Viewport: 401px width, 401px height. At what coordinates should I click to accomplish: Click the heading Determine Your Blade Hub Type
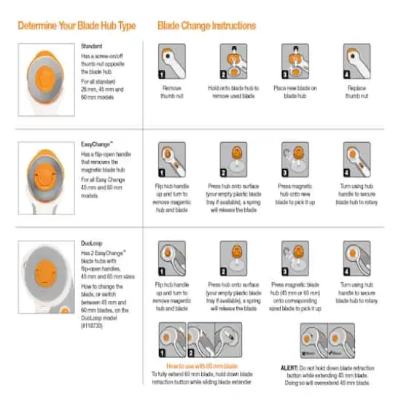77,26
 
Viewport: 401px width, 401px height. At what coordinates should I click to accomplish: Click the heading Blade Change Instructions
206,26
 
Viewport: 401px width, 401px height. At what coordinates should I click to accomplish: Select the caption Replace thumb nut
357,90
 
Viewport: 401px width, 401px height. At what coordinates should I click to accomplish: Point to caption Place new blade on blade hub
295,90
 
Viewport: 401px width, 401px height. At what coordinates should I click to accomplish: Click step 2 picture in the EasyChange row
234,159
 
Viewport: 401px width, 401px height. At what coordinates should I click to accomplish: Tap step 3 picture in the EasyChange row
295,159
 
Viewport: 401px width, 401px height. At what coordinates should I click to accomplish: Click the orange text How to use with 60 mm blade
203,365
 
